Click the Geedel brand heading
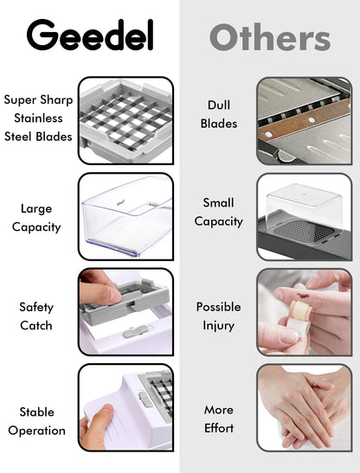[x=90, y=35]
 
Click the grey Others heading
[x=270, y=37]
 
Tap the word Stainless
[x=38, y=118]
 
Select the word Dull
[x=219, y=105]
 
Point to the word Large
[x=36, y=209]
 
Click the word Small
[x=218, y=202]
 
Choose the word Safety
[x=36, y=307]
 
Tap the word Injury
[x=218, y=326]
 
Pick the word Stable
[x=37, y=412]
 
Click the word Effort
[x=219, y=428]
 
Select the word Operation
[x=37, y=431]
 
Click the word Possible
[x=219, y=307]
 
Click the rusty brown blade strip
[x=304, y=119]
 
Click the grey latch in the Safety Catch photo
[x=136, y=331]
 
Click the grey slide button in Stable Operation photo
[x=145, y=399]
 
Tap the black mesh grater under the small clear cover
[x=303, y=232]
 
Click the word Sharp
[x=57, y=100]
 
